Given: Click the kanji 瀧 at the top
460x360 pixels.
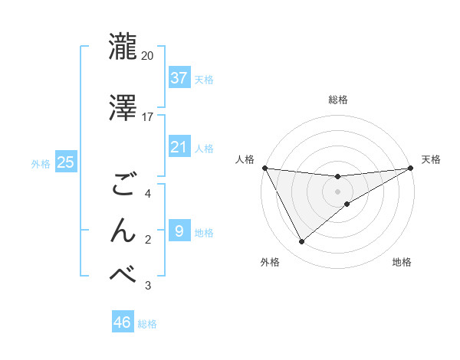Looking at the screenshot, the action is [123, 46].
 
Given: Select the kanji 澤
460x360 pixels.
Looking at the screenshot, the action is [123, 107].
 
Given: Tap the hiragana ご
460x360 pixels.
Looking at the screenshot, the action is [123, 185].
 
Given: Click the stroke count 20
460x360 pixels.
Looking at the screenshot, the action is [148, 56].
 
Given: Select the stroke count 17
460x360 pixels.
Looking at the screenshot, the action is [148, 117].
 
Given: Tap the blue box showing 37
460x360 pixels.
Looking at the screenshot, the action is [179, 77].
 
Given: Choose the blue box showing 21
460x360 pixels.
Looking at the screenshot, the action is [179, 146].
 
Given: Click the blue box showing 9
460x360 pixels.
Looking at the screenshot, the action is [179, 231].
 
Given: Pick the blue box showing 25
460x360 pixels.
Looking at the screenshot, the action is [65, 162].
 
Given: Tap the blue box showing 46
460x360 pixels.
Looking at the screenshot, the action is [123, 322].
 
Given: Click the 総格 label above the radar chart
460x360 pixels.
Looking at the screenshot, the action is [338, 100].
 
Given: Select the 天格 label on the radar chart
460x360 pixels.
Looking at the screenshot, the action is [432, 159].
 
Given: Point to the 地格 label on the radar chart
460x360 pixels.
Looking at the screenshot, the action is [402, 262].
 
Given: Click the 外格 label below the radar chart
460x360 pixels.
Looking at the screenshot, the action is [270, 262].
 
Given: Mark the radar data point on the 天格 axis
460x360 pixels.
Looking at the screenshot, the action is [411, 168].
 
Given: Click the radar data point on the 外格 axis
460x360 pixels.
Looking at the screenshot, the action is [301, 242].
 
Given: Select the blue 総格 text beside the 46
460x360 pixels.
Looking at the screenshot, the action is [147, 324].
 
